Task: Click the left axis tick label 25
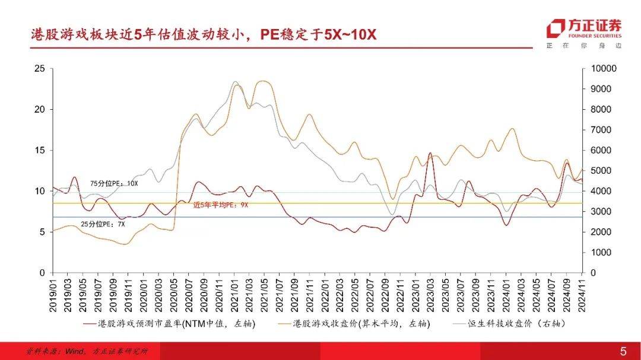(40, 69)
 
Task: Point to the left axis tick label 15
(40, 150)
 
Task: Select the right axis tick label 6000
(602, 150)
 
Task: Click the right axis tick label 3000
(602, 212)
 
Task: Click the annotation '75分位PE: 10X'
(114, 184)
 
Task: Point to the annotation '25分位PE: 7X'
(107, 224)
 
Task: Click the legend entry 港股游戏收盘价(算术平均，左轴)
(360, 324)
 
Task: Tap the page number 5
(623, 351)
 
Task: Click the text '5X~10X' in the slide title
(350, 34)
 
